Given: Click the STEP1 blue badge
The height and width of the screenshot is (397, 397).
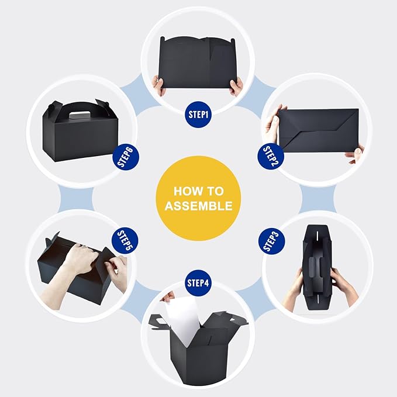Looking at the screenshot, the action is pyautogui.click(x=198, y=115).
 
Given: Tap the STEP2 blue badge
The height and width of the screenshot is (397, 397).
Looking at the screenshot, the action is pyautogui.click(x=271, y=156).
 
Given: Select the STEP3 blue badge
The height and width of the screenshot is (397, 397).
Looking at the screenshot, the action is pyautogui.click(x=272, y=241).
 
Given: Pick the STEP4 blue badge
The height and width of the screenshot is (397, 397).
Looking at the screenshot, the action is pyautogui.click(x=198, y=283).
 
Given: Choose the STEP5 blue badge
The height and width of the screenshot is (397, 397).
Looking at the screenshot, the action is pyautogui.click(x=125, y=240).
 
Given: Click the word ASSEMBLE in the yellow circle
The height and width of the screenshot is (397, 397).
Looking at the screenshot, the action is pyautogui.click(x=199, y=206).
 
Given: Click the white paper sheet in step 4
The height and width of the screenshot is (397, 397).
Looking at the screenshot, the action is pyautogui.click(x=182, y=320).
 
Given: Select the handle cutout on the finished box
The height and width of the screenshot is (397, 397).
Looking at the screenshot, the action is pyautogui.click(x=80, y=115).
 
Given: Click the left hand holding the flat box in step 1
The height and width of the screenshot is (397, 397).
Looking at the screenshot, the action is pyautogui.click(x=159, y=85).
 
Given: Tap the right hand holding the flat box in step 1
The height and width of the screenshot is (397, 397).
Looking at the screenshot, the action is pyautogui.click(x=236, y=87).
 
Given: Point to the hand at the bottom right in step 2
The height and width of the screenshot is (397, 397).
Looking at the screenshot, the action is pyautogui.click(x=355, y=156).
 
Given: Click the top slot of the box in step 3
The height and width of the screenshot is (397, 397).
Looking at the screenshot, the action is pyautogui.click(x=317, y=236).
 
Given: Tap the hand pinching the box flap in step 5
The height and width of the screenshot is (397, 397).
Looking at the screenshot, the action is pyautogui.click(x=117, y=271).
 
